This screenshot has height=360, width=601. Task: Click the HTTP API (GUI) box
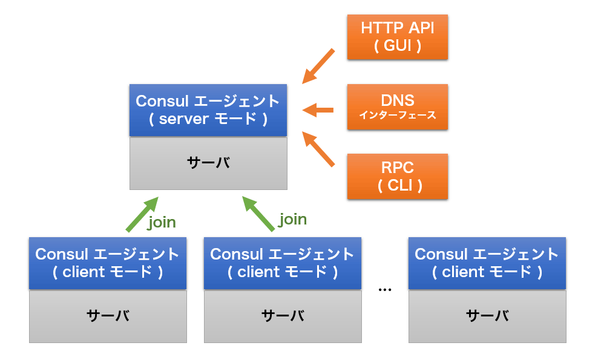tap(398, 37)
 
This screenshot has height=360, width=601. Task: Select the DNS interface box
tap(398, 107)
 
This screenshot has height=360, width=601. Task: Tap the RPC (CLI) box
tap(398, 177)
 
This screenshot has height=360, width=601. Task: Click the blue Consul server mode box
tap(208, 110)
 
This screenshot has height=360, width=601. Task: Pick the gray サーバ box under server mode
tap(208, 163)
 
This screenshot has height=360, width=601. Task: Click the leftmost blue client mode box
tap(108, 263)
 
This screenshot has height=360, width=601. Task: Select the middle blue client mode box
tap(283, 263)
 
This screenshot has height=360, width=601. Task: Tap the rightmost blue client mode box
tap(487, 263)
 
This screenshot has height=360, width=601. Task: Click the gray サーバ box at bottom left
tap(108, 316)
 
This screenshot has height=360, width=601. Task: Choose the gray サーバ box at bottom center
tap(283, 316)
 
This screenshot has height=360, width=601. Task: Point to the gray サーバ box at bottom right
tap(487, 316)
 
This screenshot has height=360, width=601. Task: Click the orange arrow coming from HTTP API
tap(318, 67)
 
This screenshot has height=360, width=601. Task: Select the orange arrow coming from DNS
tap(318, 110)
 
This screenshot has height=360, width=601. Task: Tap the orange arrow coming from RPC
tap(318, 149)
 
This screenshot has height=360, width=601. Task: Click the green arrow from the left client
tap(142, 214)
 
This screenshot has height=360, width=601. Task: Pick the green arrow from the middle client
tap(258, 214)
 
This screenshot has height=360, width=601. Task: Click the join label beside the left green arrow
tap(162, 223)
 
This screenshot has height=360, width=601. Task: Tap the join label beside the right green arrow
tap(292, 220)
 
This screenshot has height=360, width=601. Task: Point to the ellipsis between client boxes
tap(385, 290)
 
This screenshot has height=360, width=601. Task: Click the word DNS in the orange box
tap(398, 100)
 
